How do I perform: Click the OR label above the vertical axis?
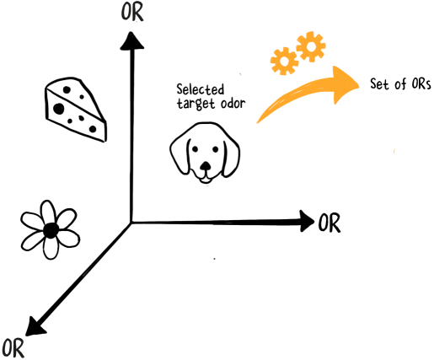point(132,13)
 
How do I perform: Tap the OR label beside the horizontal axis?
point(330,223)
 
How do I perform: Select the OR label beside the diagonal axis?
point(13,349)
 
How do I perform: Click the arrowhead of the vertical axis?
point(131,41)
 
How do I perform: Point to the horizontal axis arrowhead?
point(307,221)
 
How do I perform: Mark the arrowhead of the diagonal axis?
point(35,326)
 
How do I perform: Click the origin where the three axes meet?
point(131,223)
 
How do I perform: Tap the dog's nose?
point(206,166)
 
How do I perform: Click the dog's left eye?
point(195,149)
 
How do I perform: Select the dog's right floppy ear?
point(232,158)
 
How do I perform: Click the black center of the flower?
point(51,230)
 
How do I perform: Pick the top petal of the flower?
point(48,212)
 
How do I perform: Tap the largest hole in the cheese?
point(59,109)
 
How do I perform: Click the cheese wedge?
point(75,110)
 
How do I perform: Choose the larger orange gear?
point(311,46)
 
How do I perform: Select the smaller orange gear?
point(284,62)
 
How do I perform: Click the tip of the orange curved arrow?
point(359,84)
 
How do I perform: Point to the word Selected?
point(201,89)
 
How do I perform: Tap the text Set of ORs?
point(400,83)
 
